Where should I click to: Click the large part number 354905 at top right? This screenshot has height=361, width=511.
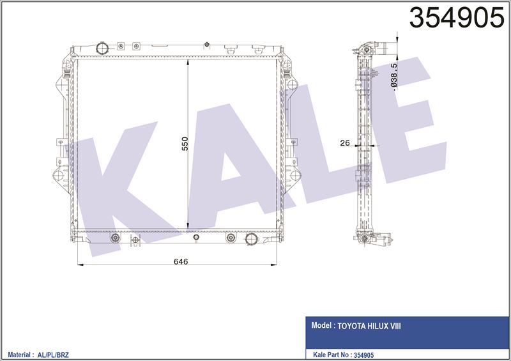pyautogui.click(x=457, y=18)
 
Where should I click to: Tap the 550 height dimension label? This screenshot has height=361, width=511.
pyautogui.click(x=185, y=144)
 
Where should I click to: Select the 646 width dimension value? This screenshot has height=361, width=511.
pyautogui.click(x=181, y=261)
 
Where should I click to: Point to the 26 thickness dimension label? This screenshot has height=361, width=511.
pyautogui.click(x=345, y=142)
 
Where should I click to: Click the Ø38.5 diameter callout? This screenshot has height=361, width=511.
pyautogui.click(x=393, y=77)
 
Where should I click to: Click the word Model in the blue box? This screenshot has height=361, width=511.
pyautogui.click(x=321, y=325)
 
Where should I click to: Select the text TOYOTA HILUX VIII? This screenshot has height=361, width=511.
pyautogui.click(x=369, y=326)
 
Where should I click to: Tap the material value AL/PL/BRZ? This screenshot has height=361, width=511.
pyautogui.click(x=53, y=355)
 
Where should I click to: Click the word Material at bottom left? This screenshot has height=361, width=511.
pyautogui.click(x=19, y=355)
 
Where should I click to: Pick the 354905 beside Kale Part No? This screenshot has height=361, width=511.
pyautogui.click(x=363, y=355)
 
